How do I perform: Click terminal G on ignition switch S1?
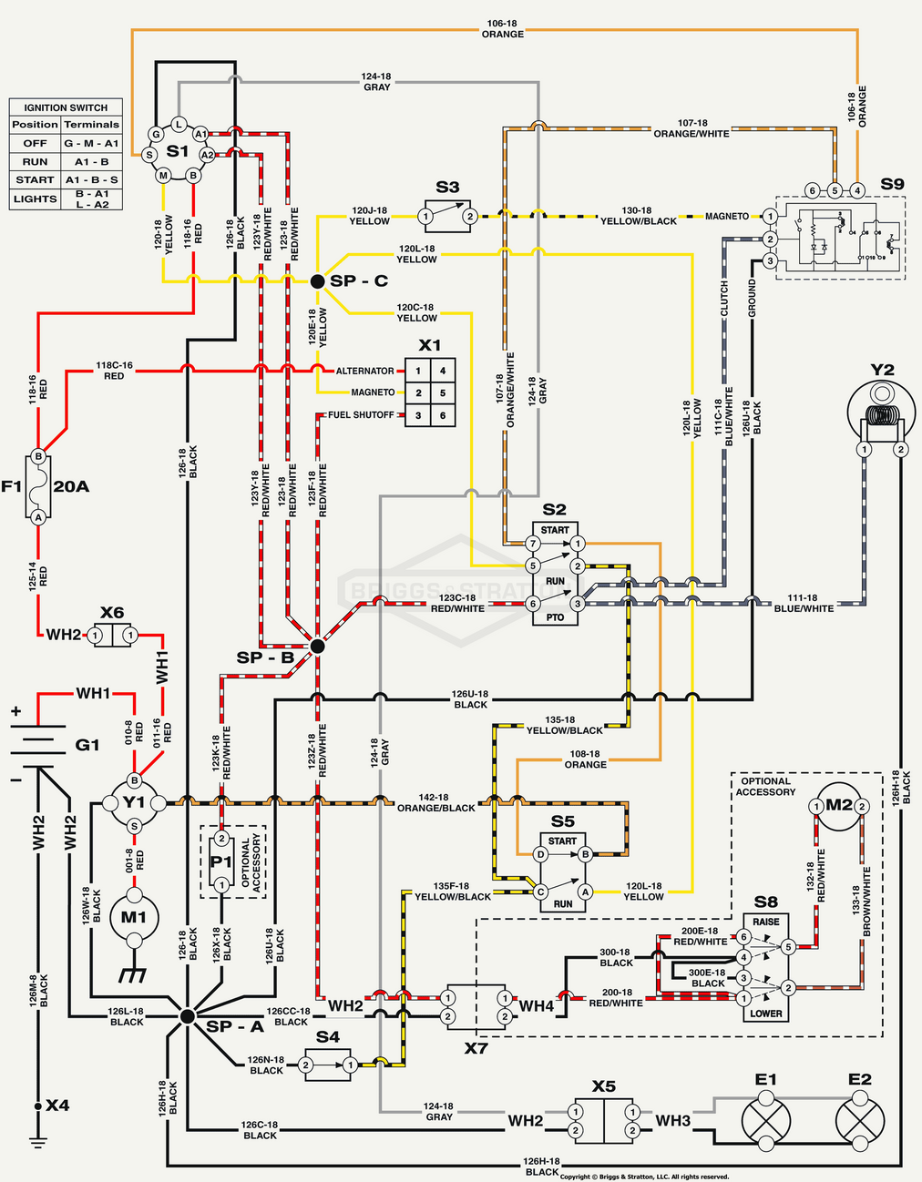click(x=157, y=135)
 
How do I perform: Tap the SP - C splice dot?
click(x=317, y=282)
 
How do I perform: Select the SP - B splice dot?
click(x=317, y=646)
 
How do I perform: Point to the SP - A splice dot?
click(x=187, y=1015)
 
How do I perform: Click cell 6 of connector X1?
click(x=443, y=415)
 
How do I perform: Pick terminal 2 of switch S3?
click(x=469, y=217)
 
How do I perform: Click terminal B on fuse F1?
click(x=38, y=456)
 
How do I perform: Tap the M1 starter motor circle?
click(x=134, y=917)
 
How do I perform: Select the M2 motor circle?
click(x=838, y=806)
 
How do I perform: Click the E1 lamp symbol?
click(x=766, y=1119)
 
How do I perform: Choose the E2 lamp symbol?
click(x=860, y=1119)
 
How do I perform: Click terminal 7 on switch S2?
click(x=533, y=544)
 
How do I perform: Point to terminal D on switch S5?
click(x=540, y=854)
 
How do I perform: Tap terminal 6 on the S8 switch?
click(x=743, y=937)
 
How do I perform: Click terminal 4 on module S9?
click(x=857, y=190)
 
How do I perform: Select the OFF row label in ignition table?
click(x=35, y=143)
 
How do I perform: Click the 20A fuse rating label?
click(x=71, y=486)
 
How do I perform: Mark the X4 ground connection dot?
click(x=38, y=1106)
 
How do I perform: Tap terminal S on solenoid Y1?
click(x=134, y=826)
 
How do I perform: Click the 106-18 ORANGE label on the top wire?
click(x=503, y=28)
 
